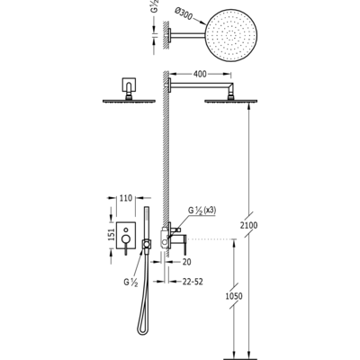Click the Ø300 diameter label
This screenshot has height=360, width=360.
click(183, 14)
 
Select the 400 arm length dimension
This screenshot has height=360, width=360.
click(200, 74)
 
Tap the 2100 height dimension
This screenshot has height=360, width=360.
click(248, 225)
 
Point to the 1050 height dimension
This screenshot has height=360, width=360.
click(234, 296)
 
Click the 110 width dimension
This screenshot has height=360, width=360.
click(126, 198)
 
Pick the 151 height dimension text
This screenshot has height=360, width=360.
click(112, 234)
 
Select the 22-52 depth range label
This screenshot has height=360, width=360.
click(193, 282)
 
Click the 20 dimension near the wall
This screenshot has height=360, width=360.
click(186, 262)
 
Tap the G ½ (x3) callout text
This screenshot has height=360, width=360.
click(202, 211)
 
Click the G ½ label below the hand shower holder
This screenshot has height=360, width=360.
click(130, 283)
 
